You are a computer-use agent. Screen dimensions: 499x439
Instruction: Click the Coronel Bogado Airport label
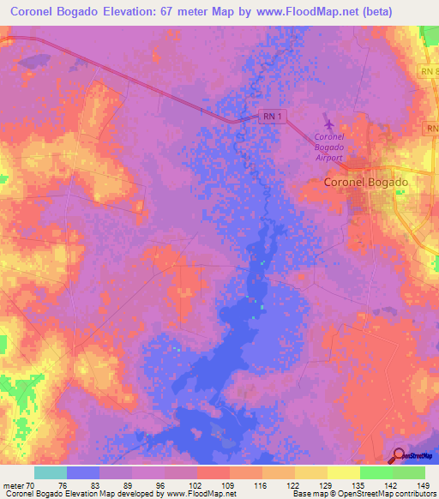tap(329, 147)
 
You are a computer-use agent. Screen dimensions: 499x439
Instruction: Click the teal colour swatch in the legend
tap(51, 472)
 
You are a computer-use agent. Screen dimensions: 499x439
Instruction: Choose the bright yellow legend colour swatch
tap(343, 472)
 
